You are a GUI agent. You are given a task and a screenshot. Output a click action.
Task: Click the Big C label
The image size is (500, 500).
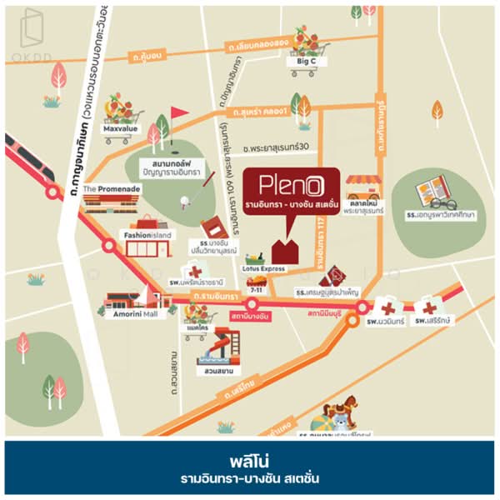302,62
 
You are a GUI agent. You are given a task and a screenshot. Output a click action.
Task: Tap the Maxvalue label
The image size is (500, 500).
120,130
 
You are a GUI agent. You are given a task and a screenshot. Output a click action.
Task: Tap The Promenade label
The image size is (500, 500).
112,189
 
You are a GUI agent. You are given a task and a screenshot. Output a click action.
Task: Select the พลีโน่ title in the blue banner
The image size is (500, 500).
250,461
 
